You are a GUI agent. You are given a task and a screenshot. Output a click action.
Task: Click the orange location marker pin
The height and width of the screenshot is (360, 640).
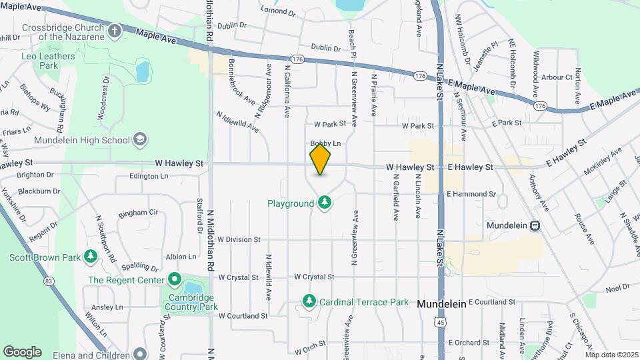pos(321,159)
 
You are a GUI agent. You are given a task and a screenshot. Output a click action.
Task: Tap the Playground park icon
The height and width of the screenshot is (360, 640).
pos(325,202)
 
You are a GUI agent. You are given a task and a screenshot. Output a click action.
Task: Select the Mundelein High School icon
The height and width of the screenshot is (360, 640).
pos(140,139)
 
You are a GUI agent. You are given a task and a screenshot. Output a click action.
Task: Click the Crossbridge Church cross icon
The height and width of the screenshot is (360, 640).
pos(115,31)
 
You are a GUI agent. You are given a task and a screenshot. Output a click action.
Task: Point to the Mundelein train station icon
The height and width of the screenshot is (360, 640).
pos(535,225)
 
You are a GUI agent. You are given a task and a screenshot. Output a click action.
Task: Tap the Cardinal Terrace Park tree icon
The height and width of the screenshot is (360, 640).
pos(309,302)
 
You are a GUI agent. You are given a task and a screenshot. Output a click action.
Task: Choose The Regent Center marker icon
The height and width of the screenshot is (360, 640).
pos(174,279)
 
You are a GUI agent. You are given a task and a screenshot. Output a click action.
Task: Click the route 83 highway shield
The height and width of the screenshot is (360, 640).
pos(49,281)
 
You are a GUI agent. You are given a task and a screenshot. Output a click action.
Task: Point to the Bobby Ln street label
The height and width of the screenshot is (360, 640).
pos(325,143)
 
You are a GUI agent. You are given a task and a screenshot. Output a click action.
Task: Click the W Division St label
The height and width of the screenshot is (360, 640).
pos(238,239)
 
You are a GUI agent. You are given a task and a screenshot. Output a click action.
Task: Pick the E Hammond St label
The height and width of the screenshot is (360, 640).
pos(471,193)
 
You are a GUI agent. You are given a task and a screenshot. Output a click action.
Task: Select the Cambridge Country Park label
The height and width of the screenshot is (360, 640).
pos(193,302)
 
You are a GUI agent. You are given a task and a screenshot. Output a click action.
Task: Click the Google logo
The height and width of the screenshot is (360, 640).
pos(22,351)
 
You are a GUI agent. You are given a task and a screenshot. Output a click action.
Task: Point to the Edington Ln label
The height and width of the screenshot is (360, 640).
pos(149,177)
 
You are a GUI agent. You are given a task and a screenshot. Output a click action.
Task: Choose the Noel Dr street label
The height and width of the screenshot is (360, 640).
pos(617,288)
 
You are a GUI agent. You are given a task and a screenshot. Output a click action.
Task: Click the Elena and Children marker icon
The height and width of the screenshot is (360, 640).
pos(139,353)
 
